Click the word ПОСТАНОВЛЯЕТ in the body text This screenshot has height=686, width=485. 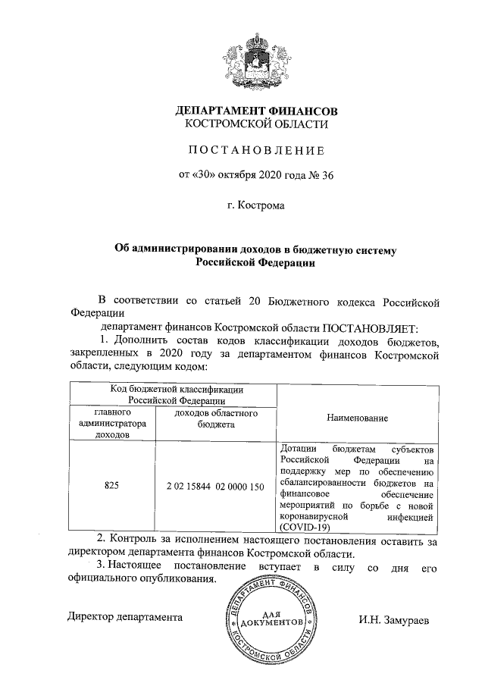point(365,327)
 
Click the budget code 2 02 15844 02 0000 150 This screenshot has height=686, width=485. point(215,485)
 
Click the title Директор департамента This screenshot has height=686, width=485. point(125,617)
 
